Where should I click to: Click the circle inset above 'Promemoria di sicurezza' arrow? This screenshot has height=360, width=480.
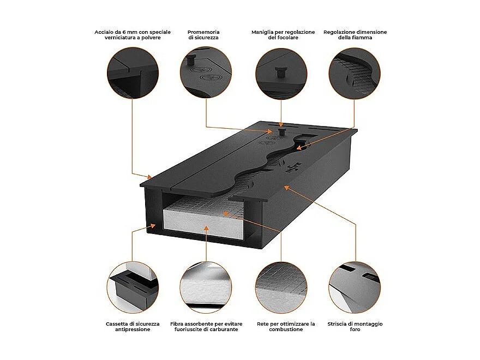(x=206, y=73)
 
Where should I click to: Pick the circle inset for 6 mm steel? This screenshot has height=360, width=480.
(x=133, y=73)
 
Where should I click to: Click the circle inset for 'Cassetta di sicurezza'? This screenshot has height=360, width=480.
(x=133, y=287)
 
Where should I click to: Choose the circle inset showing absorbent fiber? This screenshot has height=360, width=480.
(x=206, y=287)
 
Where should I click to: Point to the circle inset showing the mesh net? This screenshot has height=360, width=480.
(x=281, y=287)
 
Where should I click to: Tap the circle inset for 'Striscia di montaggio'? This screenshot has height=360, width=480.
(x=355, y=287)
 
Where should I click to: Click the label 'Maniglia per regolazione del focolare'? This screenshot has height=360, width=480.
(x=283, y=35)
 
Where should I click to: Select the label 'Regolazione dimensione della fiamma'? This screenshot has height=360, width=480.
(x=355, y=35)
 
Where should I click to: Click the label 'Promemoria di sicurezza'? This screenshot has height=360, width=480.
(x=204, y=35)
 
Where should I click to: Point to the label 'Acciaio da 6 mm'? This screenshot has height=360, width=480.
(x=133, y=35)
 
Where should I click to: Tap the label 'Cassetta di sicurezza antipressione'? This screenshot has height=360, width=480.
(x=133, y=326)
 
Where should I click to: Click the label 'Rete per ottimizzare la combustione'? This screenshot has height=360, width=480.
(x=286, y=326)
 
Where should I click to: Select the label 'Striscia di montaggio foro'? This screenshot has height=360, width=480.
(x=355, y=326)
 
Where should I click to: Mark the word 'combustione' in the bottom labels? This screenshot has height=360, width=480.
(x=286, y=329)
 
